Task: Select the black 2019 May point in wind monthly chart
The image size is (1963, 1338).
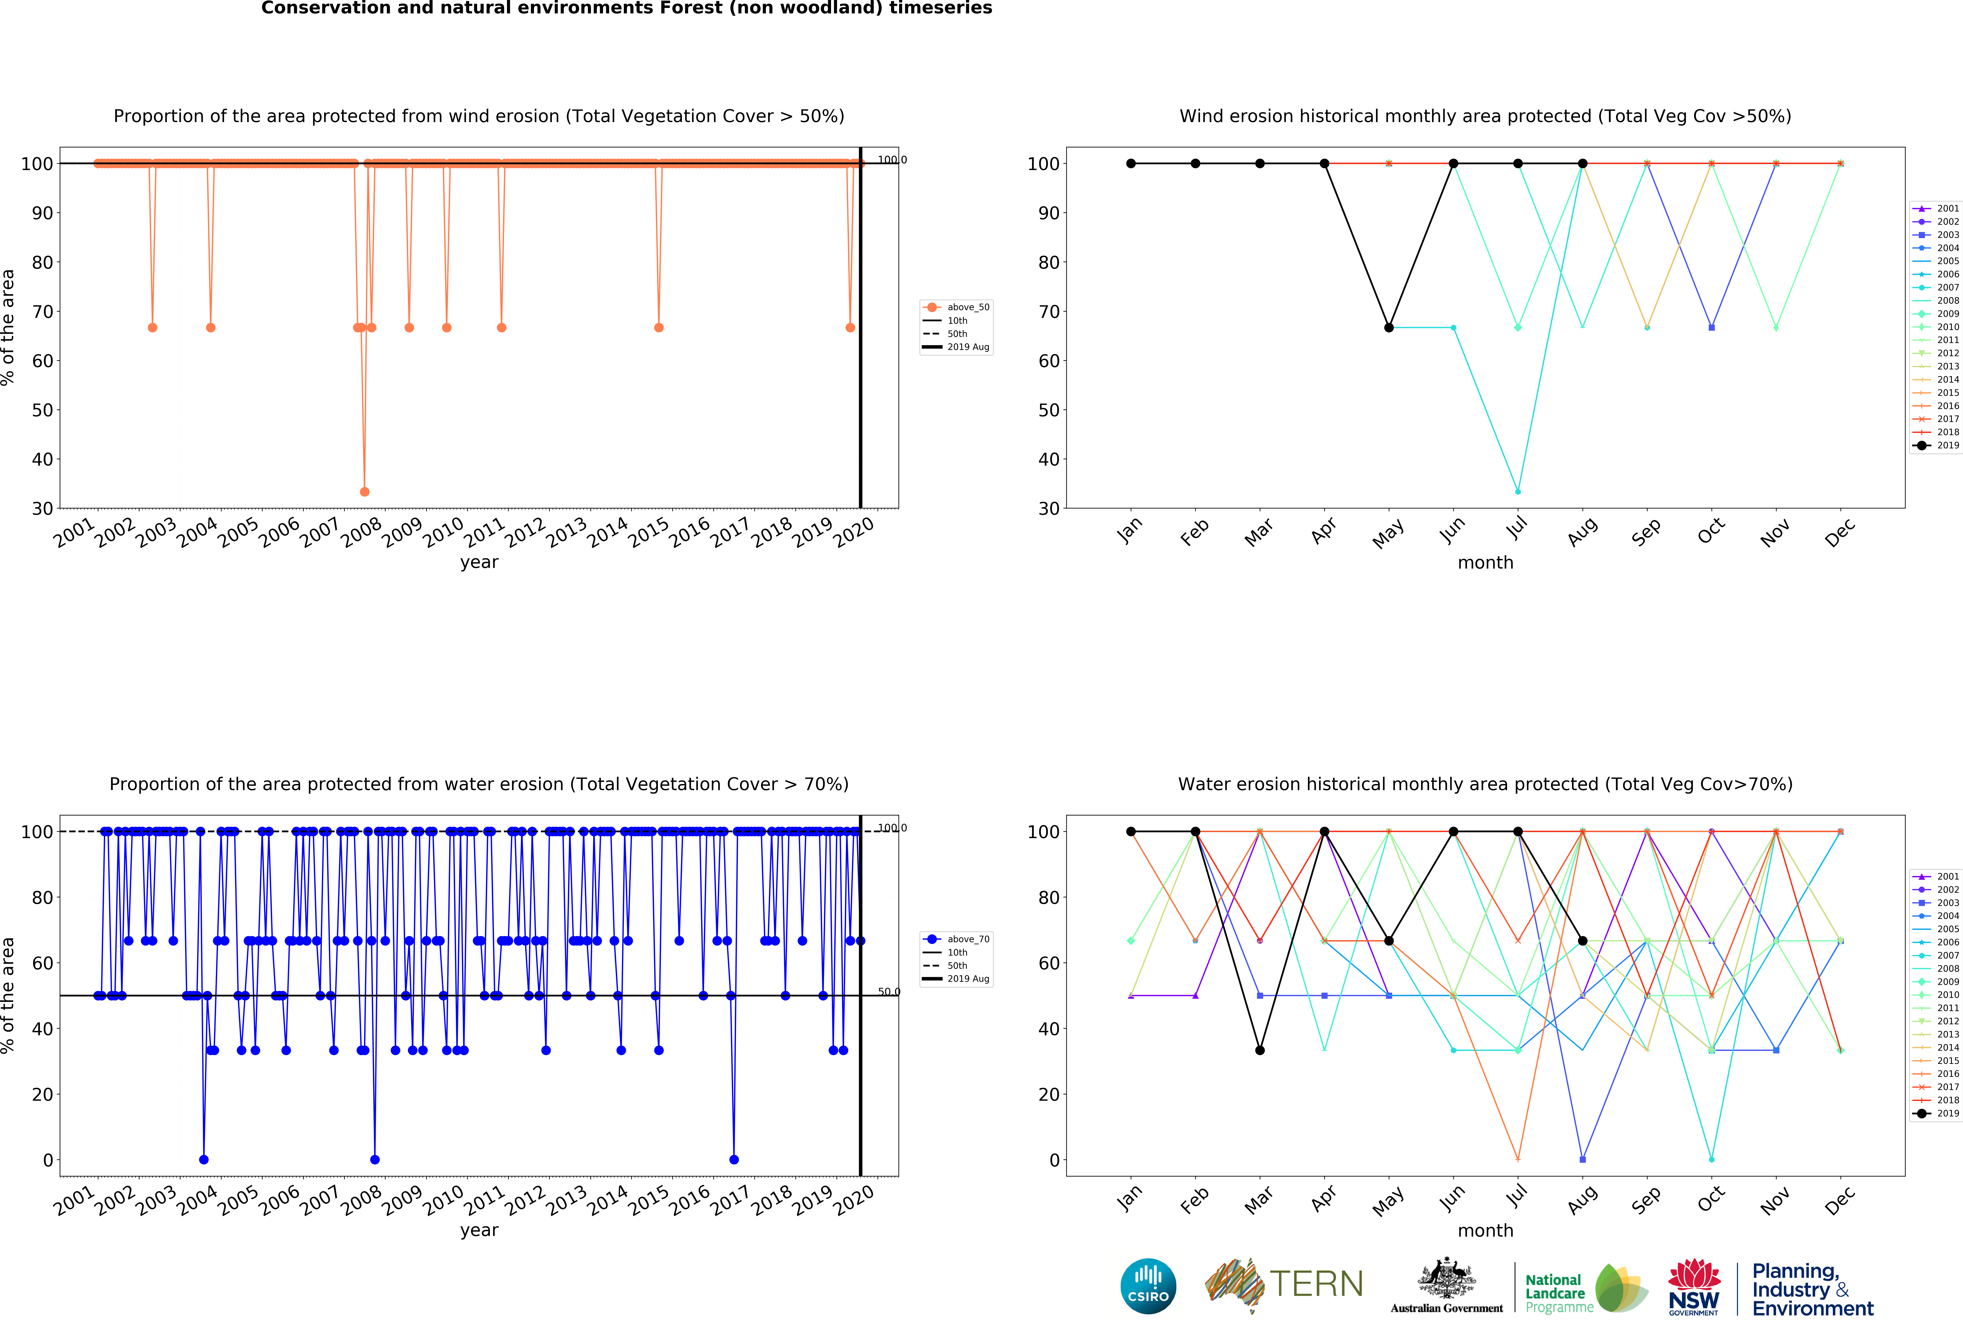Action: point(1389,328)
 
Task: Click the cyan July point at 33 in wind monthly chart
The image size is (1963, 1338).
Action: point(1518,492)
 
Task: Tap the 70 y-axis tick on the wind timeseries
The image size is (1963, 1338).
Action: point(42,312)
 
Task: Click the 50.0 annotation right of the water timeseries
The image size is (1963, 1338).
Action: point(889,992)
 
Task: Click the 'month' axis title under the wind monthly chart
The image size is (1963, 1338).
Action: point(1485,563)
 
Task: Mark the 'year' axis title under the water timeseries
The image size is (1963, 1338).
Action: point(479,1230)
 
